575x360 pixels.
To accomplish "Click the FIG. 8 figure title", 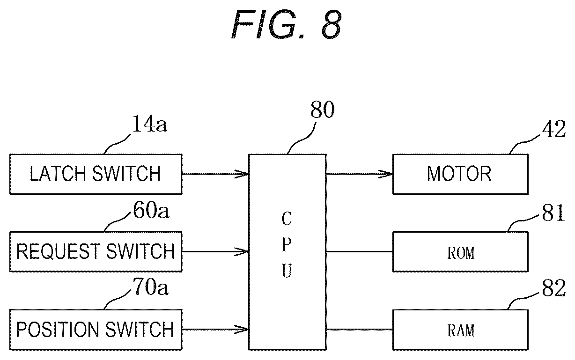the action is (286, 25).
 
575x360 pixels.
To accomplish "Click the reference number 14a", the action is (149, 124).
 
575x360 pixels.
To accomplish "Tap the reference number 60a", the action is (151, 210).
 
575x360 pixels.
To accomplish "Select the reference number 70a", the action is (151, 287).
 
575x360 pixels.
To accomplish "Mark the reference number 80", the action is (323, 109).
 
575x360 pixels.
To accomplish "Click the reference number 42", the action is (553, 129).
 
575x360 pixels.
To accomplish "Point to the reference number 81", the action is (553, 213).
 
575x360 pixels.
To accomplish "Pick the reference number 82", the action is (553, 288).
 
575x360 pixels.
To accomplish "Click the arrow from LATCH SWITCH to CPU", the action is (215, 174).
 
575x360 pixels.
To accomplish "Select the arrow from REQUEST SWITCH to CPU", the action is (215, 252).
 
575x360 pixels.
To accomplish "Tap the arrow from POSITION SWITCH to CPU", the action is (215, 330).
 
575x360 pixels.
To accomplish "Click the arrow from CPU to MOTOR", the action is (360, 174).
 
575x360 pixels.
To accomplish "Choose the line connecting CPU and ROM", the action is (360, 252).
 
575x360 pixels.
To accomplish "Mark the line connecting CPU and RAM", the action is (360, 330).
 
